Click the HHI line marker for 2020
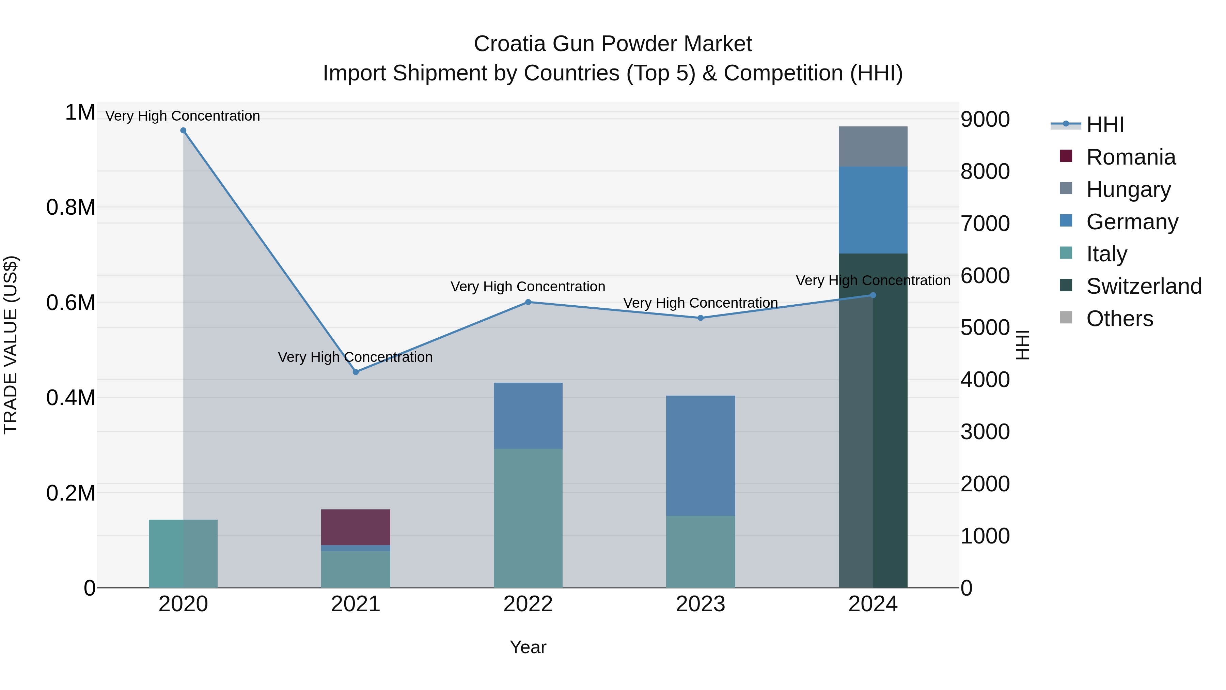click(183, 131)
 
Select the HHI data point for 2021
click(356, 372)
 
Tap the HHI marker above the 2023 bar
click(700, 318)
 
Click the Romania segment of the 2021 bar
click(356, 527)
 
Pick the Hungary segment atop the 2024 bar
click(873, 147)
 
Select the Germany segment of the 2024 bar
click(873, 210)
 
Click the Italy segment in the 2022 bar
click(528, 518)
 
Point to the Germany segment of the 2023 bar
click(700, 456)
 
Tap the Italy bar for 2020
click(183, 553)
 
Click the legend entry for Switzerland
click(1144, 287)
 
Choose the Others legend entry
click(1119, 319)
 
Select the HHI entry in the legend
click(1105, 125)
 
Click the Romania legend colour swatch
click(1066, 156)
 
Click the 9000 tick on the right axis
click(985, 120)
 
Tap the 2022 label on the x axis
click(528, 604)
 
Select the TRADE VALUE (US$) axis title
click(11, 345)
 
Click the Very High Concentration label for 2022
click(528, 287)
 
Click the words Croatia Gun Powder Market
click(613, 44)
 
